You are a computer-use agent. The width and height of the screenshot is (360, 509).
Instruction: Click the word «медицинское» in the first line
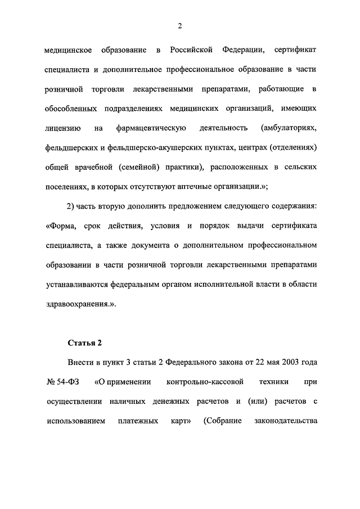[x=68, y=51]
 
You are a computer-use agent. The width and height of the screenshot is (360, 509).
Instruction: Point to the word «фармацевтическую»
[x=151, y=128]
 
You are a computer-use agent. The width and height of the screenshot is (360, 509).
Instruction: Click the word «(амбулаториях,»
[x=290, y=128]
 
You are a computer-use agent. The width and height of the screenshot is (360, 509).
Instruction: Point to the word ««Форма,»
[x=60, y=226]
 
